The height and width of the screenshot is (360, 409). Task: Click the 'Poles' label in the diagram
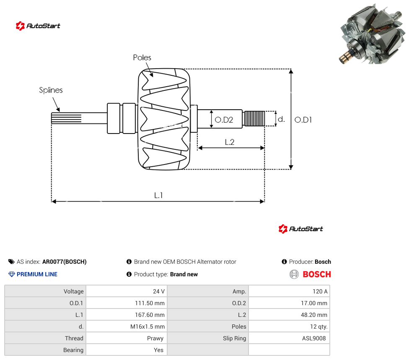[x=142, y=58]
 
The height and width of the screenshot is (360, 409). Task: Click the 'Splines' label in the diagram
[x=51, y=90]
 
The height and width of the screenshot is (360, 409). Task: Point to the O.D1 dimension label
[x=303, y=120]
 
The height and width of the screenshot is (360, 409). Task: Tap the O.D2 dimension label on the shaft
[x=224, y=120]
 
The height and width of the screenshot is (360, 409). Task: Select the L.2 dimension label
[x=230, y=142]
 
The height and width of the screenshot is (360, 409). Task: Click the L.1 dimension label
[x=158, y=195]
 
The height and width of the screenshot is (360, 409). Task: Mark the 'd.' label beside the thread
[x=281, y=119]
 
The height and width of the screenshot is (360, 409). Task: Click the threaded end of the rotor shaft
[x=254, y=118]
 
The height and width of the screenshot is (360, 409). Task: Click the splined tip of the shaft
[x=66, y=118]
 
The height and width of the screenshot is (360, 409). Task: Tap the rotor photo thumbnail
[x=372, y=34]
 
